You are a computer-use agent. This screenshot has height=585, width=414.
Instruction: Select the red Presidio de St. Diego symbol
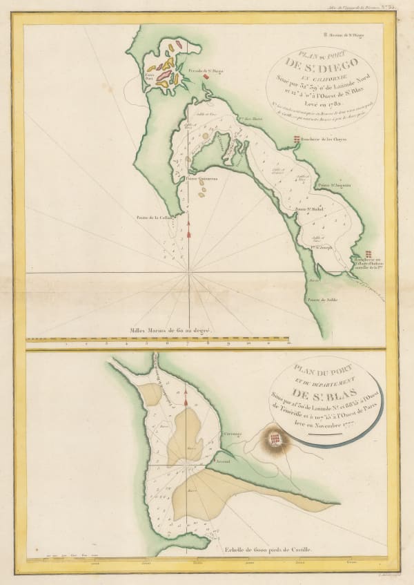coord(206,77)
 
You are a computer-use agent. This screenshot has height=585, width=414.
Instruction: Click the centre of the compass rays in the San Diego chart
coord(188,274)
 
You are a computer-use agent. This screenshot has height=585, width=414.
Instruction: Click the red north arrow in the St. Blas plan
coord(186,398)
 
